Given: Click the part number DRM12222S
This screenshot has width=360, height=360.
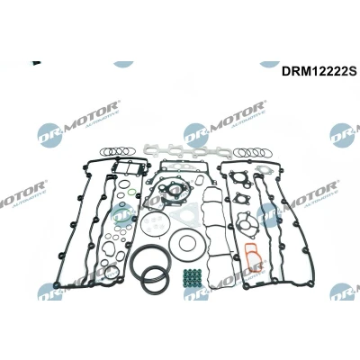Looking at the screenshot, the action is pyautogui.click(x=319, y=72).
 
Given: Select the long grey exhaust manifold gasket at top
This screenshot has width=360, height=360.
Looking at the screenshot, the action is pyautogui.click(x=186, y=149).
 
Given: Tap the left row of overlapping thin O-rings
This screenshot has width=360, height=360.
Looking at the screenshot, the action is pyautogui.click(x=116, y=151).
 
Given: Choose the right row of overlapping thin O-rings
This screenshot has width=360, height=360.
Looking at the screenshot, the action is pyautogui.click(x=253, y=153).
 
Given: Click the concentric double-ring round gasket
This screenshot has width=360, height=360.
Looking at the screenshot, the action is pyautogui.click(x=170, y=244).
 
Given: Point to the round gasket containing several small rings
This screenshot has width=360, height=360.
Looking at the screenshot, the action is pyautogui.click(x=141, y=223).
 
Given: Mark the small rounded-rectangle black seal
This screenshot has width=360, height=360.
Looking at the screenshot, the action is pyautogui.click(x=199, y=181).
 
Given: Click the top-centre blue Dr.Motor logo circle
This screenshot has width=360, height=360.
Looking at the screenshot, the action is pyautogui.click(x=196, y=135).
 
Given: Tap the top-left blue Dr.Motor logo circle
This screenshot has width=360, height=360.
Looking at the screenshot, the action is pyautogui.click(x=50, y=135).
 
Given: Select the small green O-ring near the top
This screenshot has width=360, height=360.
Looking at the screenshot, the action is pyautogui.click(x=130, y=192).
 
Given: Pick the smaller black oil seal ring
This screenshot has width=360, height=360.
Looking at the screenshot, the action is pyautogui.click(x=143, y=280).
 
